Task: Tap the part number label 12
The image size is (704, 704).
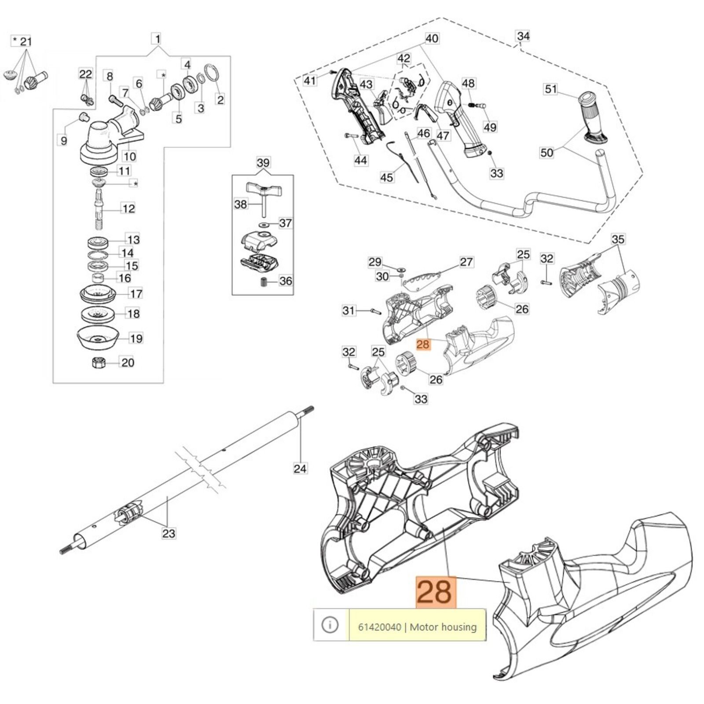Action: coord(128,208)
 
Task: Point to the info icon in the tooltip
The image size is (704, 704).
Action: coord(330,625)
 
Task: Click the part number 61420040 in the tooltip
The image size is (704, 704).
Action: coord(379,627)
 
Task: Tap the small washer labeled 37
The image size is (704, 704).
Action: coord(265,225)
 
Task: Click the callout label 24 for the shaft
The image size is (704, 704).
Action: coord(300,469)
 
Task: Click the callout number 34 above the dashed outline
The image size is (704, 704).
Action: coord(523,36)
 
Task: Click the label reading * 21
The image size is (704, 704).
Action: coord(22,42)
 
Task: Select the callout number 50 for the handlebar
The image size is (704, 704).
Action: coord(546,153)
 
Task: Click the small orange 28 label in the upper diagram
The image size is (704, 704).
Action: coord(422,344)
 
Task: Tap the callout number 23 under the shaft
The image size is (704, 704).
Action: coord(169,534)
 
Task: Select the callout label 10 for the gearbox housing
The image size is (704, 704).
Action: coord(129,156)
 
